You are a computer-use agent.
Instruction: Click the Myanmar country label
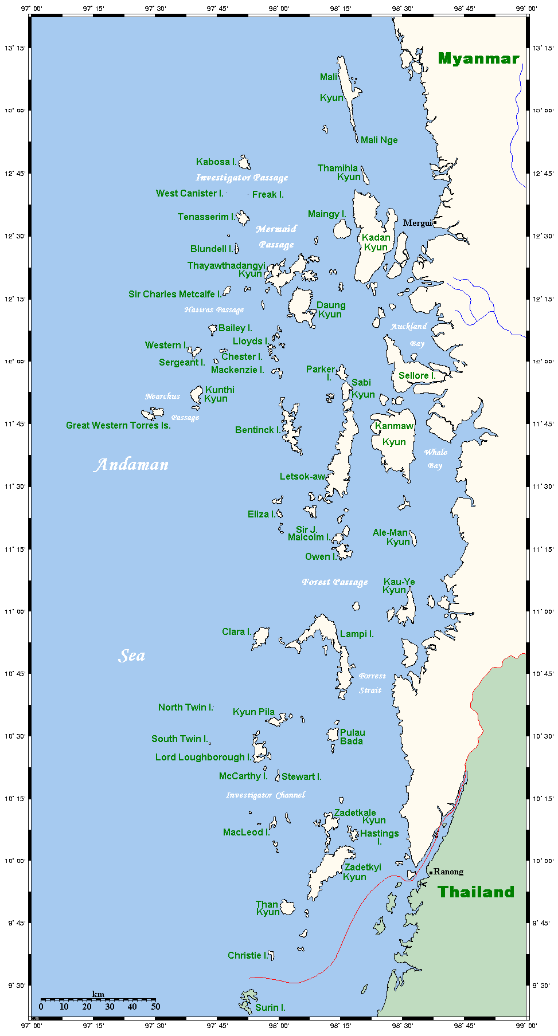click(478, 58)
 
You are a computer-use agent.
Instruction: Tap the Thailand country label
click(476, 892)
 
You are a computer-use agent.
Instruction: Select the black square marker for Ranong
click(431, 873)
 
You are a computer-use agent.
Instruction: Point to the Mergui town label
click(417, 223)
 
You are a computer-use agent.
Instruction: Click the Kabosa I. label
click(216, 162)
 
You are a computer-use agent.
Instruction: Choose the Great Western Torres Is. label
click(118, 426)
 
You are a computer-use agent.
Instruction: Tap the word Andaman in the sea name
click(131, 465)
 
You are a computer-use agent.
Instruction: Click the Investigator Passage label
click(242, 178)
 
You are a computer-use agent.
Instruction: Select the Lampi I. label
click(357, 634)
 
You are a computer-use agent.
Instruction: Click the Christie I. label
click(247, 955)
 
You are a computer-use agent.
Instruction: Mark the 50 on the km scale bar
click(155, 1006)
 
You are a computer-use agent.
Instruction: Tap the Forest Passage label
click(335, 582)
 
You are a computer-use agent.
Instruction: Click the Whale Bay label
click(435, 458)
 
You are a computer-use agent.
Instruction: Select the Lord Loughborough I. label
click(203, 758)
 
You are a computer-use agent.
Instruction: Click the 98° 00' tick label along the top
click(279, 9)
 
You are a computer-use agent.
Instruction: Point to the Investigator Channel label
click(266, 795)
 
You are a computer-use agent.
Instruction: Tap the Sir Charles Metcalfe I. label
click(174, 295)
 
